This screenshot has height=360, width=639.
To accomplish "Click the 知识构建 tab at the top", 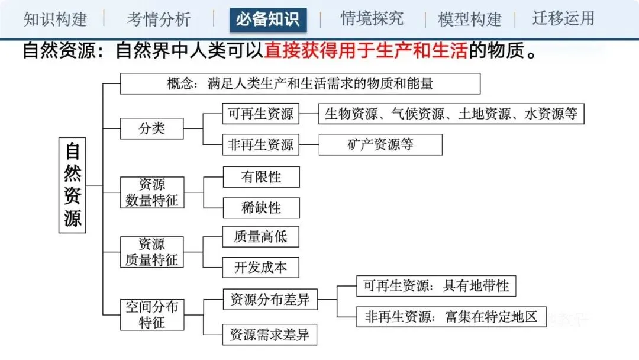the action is (x=55, y=19).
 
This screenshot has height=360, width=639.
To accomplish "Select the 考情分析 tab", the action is (x=159, y=19).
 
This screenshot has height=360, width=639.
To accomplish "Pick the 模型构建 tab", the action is (x=470, y=19).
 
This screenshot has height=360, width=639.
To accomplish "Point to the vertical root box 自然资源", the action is (x=73, y=185).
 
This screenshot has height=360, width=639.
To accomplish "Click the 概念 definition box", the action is (x=300, y=83).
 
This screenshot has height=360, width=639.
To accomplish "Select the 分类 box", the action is (x=151, y=128).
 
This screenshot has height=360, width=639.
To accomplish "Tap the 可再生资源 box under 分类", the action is (x=261, y=114).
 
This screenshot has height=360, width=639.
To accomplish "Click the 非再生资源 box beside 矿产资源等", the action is (x=261, y=144).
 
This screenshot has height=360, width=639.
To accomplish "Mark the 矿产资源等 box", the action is (x=380, y=144).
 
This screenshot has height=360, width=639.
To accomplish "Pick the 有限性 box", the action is (x=261, y=176).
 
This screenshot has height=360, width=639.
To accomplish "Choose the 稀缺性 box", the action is (x=261, y=208).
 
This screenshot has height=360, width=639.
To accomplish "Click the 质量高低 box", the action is (x=261, y=237).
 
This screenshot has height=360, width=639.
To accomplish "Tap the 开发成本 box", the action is (x=261, y=268).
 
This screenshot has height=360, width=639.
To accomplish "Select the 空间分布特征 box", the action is (x=151, y=314).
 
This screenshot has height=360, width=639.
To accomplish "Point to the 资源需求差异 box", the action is (x=269, y=335).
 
